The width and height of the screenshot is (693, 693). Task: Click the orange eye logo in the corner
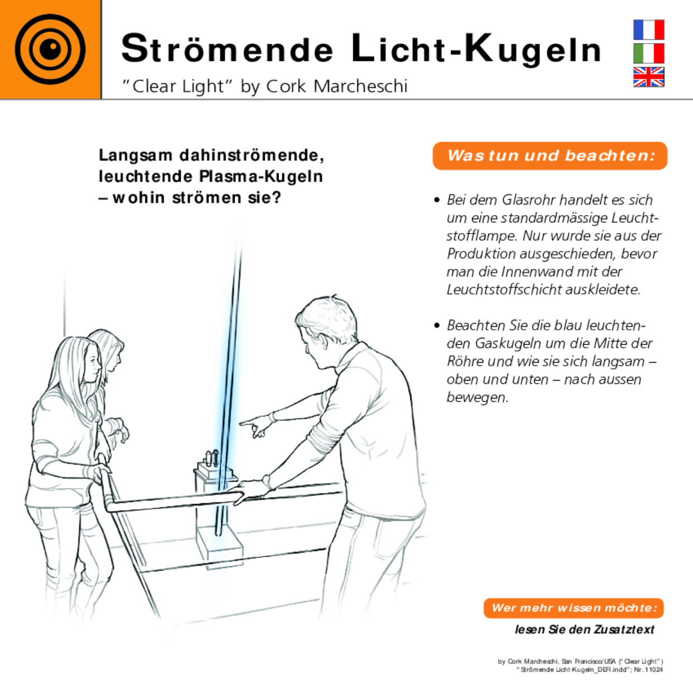click(50, 49)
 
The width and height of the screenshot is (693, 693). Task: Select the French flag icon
click(648, 30)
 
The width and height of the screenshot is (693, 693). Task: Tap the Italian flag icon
click(648, 54)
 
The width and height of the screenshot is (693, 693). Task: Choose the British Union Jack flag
click(648, 77)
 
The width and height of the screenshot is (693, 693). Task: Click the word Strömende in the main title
click(227, 49)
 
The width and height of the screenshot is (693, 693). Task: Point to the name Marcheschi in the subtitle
click(360, 86)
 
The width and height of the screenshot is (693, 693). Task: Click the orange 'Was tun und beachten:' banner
click(550, 155)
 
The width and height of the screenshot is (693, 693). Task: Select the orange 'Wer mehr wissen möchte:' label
click(573, 608)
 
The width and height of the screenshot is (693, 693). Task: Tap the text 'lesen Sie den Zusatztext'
click(584, 629)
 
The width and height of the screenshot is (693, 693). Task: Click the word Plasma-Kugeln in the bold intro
click(261, 177)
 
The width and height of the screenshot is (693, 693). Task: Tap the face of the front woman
click(92, 366)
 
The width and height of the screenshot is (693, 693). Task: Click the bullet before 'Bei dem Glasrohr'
click(437, 200)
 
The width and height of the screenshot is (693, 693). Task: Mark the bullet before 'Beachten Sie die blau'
click(437, 325)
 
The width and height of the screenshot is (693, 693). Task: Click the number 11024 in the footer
click(653, 670)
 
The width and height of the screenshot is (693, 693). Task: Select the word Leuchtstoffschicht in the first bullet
click(504, 289)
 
